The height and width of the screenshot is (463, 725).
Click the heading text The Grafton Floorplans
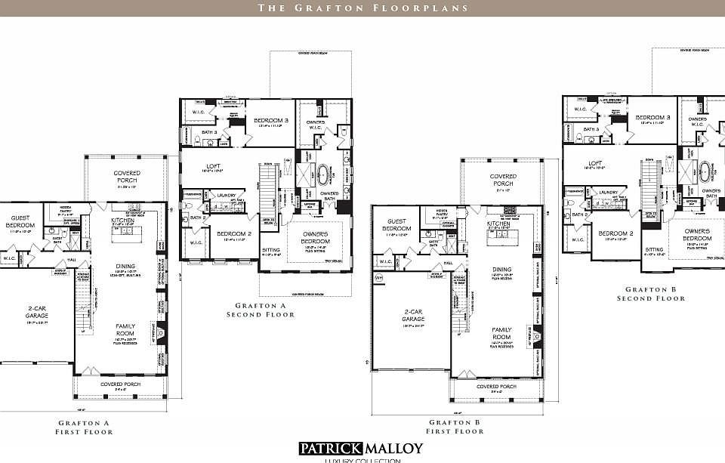(362, 8)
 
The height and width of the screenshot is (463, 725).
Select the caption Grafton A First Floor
(84, 428)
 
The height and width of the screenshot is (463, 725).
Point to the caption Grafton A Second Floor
(261, 310)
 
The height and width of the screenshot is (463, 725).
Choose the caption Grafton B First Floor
(456, 427)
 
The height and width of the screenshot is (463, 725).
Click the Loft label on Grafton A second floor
(214, 166)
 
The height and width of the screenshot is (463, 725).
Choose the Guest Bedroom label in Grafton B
(396, 225)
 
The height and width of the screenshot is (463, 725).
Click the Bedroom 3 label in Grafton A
(270, 121)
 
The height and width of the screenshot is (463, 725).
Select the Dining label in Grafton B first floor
(502, 270)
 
